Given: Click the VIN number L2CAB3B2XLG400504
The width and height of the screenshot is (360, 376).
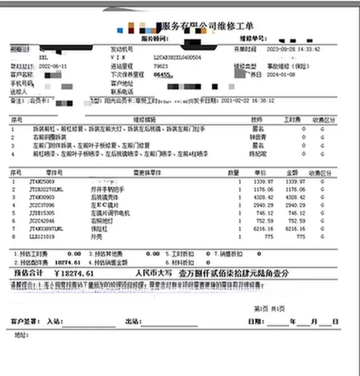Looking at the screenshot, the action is pos(177,57).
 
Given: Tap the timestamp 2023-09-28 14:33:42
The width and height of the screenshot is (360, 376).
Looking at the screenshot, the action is pos(293,49).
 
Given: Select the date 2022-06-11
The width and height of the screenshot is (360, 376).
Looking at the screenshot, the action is pos(54,66).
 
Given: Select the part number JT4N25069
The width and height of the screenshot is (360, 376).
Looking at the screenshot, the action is pos(42,182).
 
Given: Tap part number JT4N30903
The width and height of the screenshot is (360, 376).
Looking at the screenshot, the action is pos(42,197).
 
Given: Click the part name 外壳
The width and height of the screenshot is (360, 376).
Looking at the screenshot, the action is pos(95,237).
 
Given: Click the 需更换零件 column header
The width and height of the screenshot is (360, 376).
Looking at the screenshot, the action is pos(145,173).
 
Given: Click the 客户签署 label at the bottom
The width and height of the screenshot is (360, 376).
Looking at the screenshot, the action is pos(25,321).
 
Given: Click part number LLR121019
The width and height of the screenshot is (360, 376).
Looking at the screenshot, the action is pos(42,237).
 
